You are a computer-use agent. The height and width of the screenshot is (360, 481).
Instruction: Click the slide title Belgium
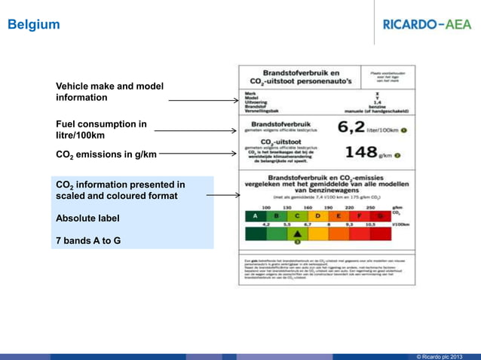(33, 24)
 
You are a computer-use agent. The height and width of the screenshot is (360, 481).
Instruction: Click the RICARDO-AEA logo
(427, 24)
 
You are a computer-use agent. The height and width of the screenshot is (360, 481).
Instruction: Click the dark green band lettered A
(256, 216)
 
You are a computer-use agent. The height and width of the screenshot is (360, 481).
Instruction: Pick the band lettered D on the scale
(318, 216)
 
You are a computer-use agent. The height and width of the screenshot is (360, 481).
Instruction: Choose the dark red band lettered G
(380, 216)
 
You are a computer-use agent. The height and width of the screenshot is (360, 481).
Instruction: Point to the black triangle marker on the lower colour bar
(297, 233)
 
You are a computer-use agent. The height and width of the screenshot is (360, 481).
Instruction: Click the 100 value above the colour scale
(266, 207)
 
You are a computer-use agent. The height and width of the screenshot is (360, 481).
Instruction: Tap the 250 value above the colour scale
(370, 207)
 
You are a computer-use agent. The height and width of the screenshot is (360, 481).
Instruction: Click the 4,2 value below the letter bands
(266, 224)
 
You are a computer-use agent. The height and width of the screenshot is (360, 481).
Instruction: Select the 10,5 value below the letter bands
(370, 224)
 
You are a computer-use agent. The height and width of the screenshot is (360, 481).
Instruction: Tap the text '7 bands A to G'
(88, 241)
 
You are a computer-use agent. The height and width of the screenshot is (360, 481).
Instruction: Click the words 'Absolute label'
(87, 218)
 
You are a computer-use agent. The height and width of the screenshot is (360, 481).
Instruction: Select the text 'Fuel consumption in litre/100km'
(101, 130)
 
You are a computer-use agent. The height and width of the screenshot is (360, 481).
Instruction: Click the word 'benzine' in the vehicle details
(377, 107)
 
